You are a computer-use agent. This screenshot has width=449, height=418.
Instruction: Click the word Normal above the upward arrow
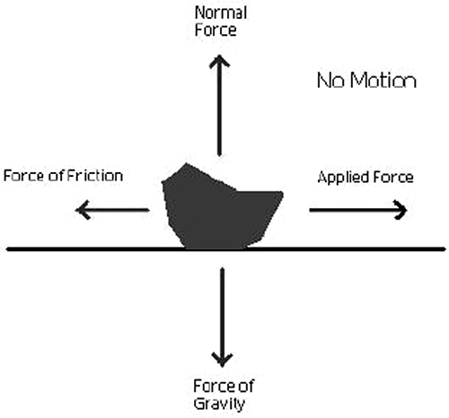[221, 13]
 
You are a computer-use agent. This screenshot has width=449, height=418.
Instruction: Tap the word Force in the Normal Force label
[216, 30]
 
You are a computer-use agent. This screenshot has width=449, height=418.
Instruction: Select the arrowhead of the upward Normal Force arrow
[219, 61]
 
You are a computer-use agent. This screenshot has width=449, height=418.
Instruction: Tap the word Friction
[95, 176]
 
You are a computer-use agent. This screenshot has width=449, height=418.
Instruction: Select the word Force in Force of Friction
[24, 176]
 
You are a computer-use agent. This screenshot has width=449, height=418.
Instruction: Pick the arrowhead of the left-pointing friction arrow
[82, 210]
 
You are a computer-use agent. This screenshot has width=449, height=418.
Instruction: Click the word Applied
[339, 178]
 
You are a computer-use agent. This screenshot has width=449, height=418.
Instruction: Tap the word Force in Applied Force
[388, 177]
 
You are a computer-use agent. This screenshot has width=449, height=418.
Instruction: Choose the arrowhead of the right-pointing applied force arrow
[401, 210]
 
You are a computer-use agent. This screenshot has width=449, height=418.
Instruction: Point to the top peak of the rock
[186, 163]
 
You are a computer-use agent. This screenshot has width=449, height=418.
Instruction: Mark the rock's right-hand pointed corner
[282, 195]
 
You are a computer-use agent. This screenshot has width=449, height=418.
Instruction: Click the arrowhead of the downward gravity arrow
[222, 360]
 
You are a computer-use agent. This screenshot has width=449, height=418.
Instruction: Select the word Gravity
[219, 404]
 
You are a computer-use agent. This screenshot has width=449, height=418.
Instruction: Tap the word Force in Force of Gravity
[213, 386]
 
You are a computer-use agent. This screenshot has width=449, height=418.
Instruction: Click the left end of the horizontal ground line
[7, 249]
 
